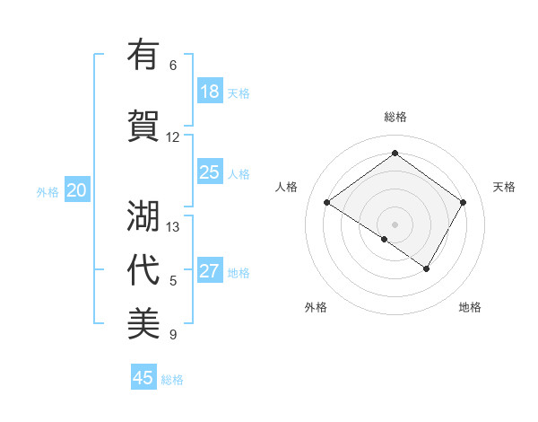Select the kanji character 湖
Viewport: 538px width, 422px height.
[144, 216]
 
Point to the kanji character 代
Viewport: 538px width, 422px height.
[144, 270]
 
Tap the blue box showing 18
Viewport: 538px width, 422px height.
[210, 92]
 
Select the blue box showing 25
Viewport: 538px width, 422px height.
[210, 172]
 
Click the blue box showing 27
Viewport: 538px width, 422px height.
[210, 271]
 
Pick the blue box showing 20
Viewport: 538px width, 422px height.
[77, 189]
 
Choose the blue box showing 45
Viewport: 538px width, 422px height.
[143, 378]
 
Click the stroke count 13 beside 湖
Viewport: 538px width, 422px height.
[173, 227]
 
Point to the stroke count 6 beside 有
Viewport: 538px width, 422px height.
[173, 66]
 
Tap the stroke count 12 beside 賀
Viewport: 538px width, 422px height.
[173, 137]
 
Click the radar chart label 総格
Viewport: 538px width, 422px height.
[395, 117]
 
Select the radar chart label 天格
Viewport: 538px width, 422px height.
[504, 187]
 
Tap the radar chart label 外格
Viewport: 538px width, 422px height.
[316, 307]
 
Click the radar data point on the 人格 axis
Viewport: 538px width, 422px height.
[326, 202]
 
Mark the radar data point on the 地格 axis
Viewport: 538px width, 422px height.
[427, 268]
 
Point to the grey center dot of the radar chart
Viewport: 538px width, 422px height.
[395, 224]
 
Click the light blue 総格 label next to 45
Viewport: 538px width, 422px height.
[172, 380]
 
